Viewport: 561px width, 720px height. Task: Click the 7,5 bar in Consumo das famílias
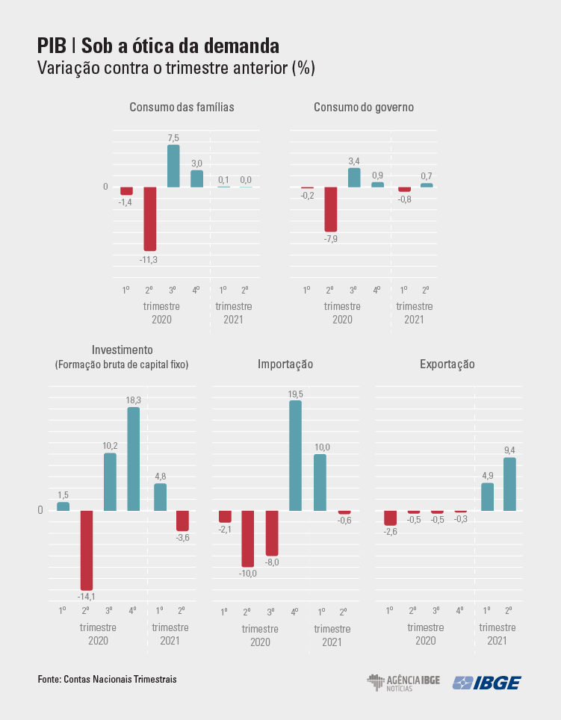(173, 166)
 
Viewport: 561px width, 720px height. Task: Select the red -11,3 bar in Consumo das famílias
(149, 219)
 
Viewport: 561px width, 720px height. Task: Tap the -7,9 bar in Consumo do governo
(331, 209)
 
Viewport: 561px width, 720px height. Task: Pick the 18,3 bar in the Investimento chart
(133, 459)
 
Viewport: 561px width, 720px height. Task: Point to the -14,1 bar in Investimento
(87, 550)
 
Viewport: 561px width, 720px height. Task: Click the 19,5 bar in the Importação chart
(295, 456)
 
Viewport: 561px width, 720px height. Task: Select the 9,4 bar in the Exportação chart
(509, 484)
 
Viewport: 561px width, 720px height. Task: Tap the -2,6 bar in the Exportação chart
(390, 518)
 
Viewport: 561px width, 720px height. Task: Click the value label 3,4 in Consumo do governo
(354, 161)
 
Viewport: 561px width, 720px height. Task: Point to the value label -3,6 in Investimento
(183, 537)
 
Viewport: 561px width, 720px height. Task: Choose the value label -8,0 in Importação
(272, 562)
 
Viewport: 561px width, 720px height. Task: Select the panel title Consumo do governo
(364, 108)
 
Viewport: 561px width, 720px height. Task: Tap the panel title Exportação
(447, 364)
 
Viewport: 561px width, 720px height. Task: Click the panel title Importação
(285, 364)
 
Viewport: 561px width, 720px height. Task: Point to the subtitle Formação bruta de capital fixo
(122, 365)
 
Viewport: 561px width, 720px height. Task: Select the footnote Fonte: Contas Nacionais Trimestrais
(108, 680)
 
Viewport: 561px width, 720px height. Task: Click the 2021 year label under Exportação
(496, 641)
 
